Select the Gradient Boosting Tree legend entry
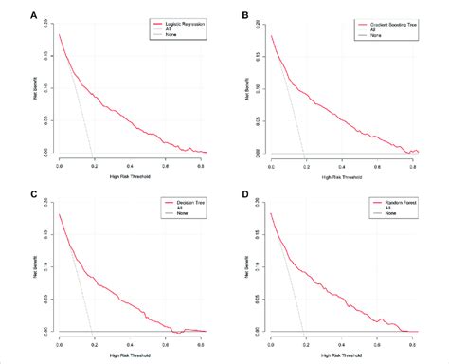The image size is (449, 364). pyautogui.click(x=388, y=21)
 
